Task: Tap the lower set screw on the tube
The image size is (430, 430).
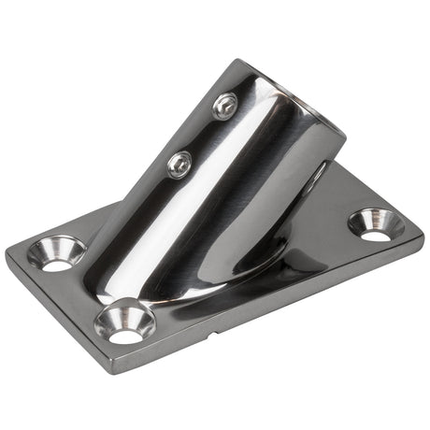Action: click(179, 165)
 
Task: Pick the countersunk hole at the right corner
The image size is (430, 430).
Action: click(376, 224)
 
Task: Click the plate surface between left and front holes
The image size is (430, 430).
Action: click(89, 285)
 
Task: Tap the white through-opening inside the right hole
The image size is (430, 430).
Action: click(378, 231)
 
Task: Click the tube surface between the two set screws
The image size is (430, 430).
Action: click(201, 136)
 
